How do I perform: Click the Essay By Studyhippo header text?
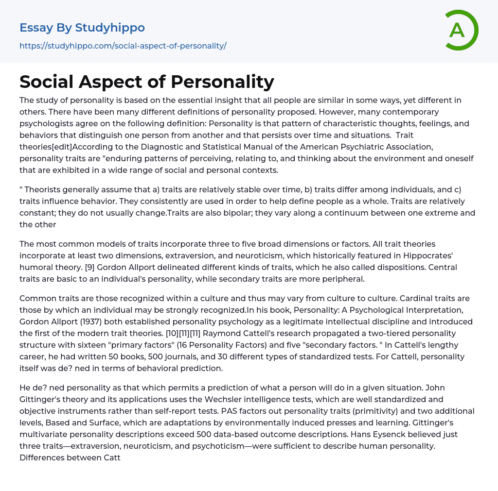82,28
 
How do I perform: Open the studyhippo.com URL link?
123,46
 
